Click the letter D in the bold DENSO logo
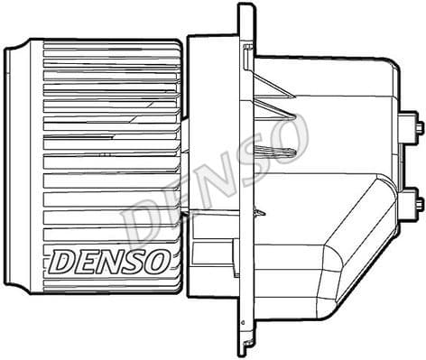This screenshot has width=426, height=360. tap(62, 262)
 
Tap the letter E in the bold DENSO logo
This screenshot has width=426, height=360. tap(87, 262)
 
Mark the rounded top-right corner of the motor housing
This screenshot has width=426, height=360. tap(390, 70)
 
